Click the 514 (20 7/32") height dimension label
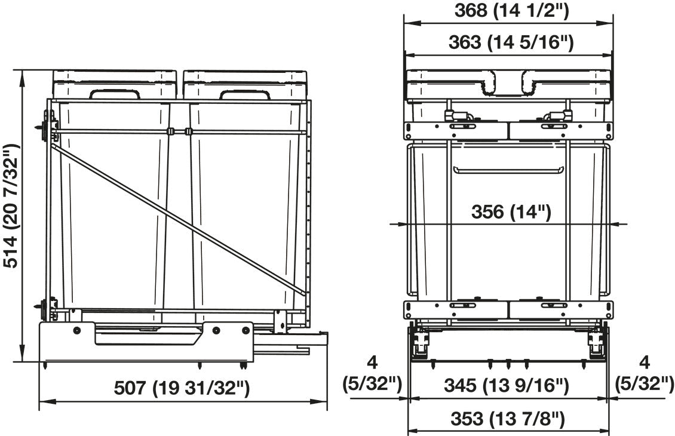click(x=11, y=206)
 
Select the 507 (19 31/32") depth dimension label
click(x=182, y=388)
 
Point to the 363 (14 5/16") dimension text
click(x=511, y=42)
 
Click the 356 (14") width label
click(x=511, y=212)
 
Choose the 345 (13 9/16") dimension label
click(x=507, y=385)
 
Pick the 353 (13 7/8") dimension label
click(x=508, y=418)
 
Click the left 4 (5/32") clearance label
click(x=372, y=372)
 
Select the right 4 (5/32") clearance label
click(x=644, y=372)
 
